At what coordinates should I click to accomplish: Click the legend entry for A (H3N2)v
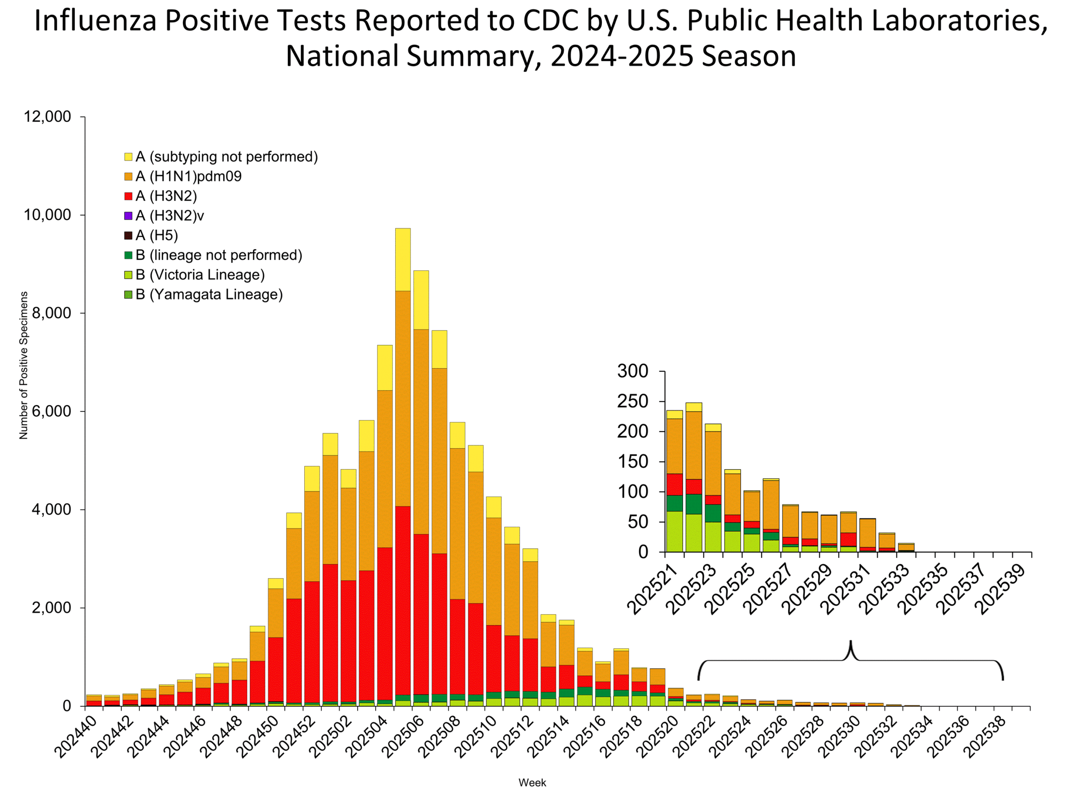169,215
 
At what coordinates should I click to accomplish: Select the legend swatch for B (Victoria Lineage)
128,275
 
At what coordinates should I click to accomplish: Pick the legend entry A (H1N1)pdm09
189,176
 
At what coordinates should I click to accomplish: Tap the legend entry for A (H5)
156,235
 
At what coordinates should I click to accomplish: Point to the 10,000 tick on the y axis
47,215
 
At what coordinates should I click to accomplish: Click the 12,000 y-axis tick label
47,117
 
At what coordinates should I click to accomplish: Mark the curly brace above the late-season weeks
851,660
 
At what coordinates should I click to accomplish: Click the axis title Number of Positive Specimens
24,365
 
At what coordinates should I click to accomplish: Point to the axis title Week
532,783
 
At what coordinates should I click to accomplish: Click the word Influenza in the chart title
96,21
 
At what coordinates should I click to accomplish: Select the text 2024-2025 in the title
622,56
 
